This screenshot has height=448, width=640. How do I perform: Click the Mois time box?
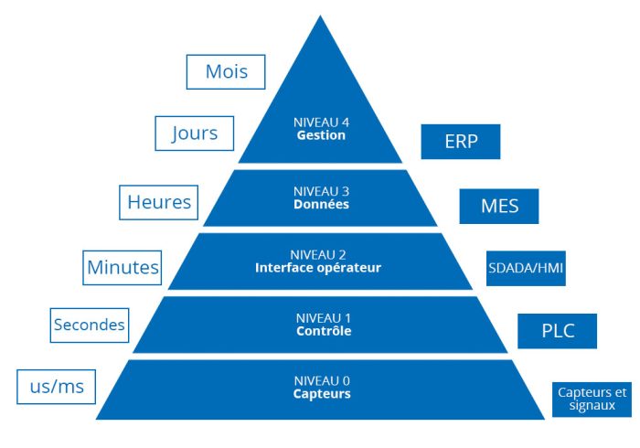226,72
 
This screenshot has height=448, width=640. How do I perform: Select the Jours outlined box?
194,133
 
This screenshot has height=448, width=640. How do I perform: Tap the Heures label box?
158,202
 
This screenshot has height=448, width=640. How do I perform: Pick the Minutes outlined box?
122,268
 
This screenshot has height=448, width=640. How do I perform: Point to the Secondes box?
90,325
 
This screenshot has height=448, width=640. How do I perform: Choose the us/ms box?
57,387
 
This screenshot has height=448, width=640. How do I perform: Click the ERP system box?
461,142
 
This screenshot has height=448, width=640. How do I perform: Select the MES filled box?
499,206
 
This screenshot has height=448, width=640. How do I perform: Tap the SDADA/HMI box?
526,268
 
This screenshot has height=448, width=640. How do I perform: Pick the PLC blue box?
558,331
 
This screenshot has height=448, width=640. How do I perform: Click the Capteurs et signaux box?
592,400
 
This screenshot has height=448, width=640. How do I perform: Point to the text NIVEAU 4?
321,123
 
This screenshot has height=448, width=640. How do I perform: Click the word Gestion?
321,135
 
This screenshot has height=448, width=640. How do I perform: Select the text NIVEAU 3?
321,191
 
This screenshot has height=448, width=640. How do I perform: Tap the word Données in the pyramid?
321,204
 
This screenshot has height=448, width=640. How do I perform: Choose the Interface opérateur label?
318,268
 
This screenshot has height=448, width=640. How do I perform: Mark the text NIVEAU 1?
324,318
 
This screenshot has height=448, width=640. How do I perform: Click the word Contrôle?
324,330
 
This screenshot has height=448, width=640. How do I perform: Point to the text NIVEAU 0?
322,381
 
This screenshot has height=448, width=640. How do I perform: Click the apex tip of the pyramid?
320,16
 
